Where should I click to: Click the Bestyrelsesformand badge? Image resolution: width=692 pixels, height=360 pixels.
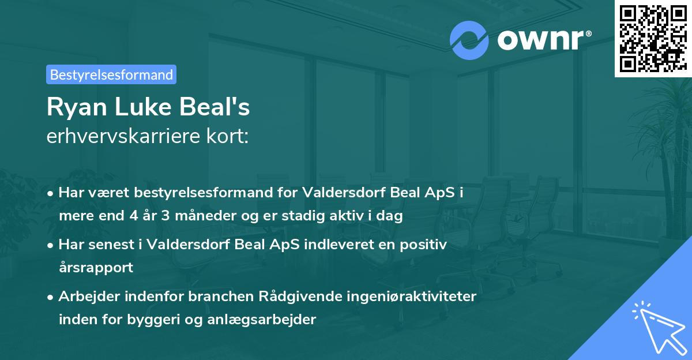111,74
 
